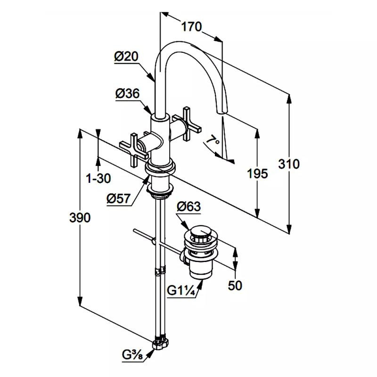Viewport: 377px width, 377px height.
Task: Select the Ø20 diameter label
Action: tap(126, 57)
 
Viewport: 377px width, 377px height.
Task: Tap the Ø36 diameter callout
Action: tap(127, 94)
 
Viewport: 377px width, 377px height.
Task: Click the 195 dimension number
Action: tap(257, 173)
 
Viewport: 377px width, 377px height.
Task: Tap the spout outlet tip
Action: tap(221, 112)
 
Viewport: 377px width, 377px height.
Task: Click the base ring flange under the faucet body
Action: tap(161, 166)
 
